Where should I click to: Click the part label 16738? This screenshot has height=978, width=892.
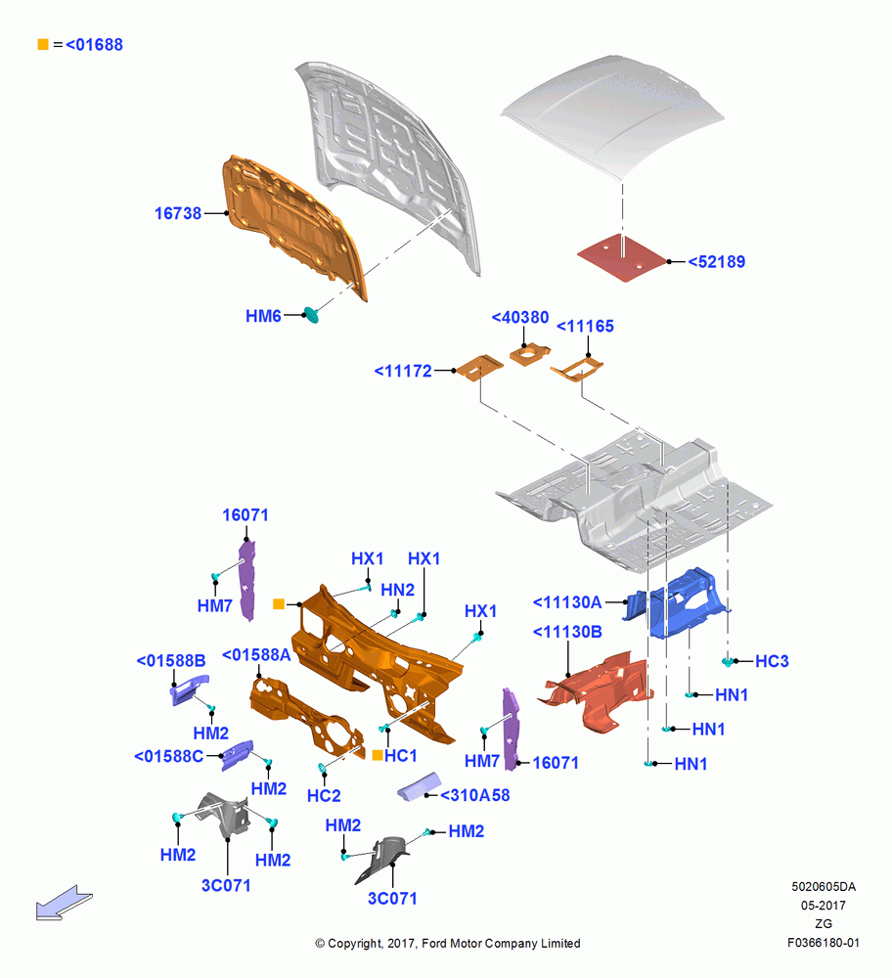click(178, 213)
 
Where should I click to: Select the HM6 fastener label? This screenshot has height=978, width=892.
click(263, 316)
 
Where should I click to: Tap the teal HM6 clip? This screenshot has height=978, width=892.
click(311, 315)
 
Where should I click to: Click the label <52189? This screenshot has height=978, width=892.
click(717, 262)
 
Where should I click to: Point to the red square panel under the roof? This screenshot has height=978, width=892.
click(622, 257)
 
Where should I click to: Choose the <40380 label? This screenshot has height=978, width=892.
click(520, 318)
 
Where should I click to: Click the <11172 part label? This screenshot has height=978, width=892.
click(403, 371)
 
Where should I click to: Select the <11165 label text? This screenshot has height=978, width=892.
click(585, 327)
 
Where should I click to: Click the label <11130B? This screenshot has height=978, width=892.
click(567, 633)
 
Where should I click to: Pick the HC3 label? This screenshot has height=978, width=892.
click(773, 661)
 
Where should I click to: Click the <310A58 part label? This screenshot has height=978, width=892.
click(475, 795)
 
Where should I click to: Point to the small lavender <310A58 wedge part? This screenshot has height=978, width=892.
click(420, 786)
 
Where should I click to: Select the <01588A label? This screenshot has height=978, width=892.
click(256, 655)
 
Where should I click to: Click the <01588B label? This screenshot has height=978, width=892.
click(171, 660)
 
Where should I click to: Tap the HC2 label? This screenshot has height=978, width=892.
click(324, 796)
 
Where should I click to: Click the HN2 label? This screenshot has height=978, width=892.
click(397, 590)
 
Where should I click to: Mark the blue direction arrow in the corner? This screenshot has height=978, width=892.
click(64, 903)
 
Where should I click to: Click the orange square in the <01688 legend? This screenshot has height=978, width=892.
click(43, 44)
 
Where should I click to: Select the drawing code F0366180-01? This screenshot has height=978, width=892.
click(824, 943)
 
